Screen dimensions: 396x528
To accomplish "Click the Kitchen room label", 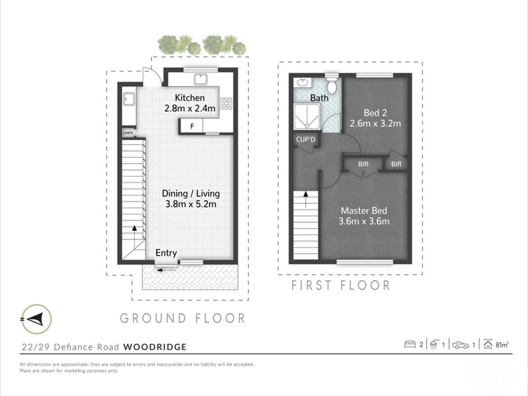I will tap(190, 98).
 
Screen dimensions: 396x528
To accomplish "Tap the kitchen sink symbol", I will tap(202, 79).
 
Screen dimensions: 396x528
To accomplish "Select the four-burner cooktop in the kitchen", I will tap(226, 103).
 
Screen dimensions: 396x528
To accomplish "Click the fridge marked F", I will tap(192, 126).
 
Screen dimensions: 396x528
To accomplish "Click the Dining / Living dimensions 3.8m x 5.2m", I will tap(191, 204).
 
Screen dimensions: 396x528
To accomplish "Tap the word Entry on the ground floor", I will tap(166, 253).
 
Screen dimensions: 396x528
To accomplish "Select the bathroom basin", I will tap(302, 82).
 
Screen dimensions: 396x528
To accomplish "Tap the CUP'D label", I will tap(306, 140).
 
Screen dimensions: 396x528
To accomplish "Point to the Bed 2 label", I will tap(375, 113).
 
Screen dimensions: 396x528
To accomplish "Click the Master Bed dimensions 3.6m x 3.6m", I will tap(364, 221).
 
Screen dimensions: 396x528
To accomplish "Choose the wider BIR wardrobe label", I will tap(363, 164).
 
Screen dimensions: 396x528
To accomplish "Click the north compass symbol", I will tap(37, 319).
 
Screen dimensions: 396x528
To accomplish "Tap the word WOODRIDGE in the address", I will tap(155, 347).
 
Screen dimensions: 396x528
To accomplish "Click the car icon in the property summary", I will tap(461, 345).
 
